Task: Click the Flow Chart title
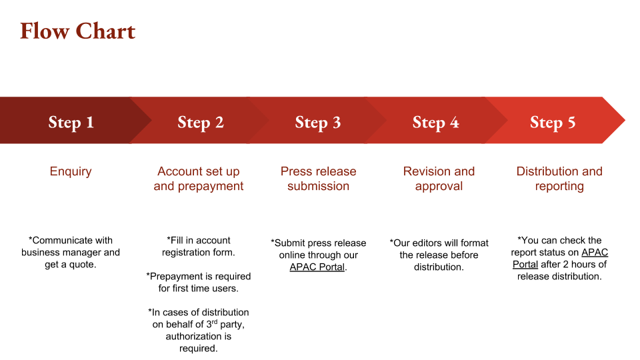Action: (x=77, y=31)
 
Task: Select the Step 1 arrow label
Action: (x=71, y=122)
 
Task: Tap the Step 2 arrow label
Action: (x=200, y=122)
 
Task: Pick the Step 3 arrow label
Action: (x=318, y=122)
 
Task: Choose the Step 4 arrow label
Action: (x=435, y=122)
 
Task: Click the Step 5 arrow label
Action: (x=553, y=122)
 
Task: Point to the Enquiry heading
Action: (x=71, y=171)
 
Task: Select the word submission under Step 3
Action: (x=318, y=186)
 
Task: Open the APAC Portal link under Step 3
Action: (x=317, y=267)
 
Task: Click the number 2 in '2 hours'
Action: (x=566, y=265)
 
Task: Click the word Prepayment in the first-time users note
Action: (x=176, y=276)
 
